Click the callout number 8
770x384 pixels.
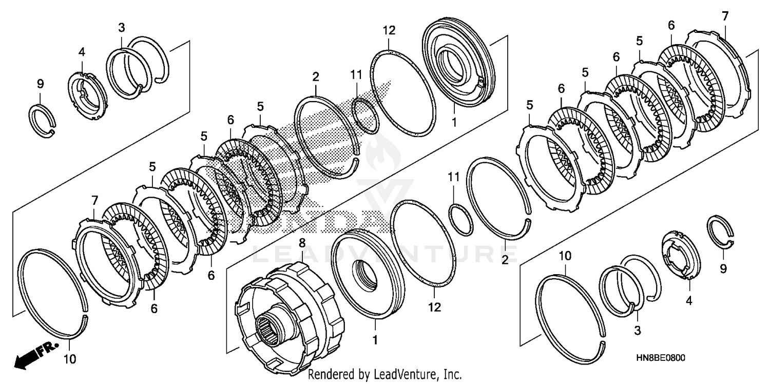(x=302, y=243)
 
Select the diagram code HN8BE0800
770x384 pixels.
(x=660, y=358)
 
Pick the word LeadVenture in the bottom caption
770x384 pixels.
(x=399, y=374)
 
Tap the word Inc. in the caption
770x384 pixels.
(x=452, y=374)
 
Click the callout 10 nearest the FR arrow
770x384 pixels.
(x=70, y=359)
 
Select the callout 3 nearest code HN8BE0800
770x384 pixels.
(x=638, y=331)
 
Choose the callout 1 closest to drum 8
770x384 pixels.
(x=375, y=340)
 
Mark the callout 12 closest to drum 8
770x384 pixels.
(x=434, y=307)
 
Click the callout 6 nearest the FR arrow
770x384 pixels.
(x=154, y=309)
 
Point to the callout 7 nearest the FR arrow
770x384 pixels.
(x=95, y=200)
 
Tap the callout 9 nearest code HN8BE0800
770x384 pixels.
(x=723, y=268)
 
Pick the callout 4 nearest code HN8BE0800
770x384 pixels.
(x=689, y=301)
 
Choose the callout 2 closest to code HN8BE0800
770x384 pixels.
(x=505, y=260)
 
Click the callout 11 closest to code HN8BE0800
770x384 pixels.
(x=454, y=178)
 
